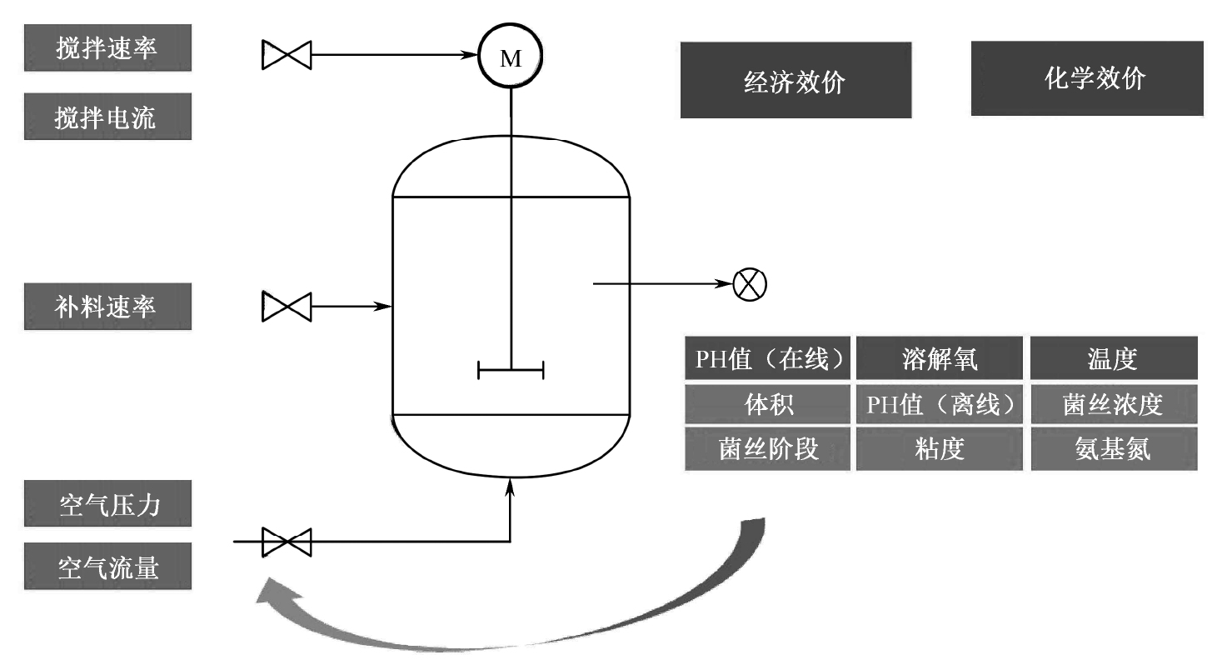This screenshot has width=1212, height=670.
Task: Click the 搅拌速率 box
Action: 107,47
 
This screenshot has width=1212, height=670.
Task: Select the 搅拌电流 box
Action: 107,116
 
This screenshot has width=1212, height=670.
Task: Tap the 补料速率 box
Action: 107,306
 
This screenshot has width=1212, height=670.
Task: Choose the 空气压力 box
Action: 107,503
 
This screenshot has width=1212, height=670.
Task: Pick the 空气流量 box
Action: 107,567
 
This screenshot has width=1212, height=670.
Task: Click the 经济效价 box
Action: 796,80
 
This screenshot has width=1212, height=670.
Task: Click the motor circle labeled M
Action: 510,57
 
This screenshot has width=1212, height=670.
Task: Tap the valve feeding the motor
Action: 287,55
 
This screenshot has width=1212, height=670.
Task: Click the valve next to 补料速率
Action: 287,306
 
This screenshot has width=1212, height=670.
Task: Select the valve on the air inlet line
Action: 287,542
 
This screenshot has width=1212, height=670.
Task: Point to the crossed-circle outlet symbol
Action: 750,284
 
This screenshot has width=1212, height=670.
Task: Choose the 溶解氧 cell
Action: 940,358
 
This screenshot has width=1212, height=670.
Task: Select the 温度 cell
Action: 1112,358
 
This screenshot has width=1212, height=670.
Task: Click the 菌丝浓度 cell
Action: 1112,404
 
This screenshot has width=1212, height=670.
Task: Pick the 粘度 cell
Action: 940,449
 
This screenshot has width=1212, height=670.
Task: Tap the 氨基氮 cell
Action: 1112,449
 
